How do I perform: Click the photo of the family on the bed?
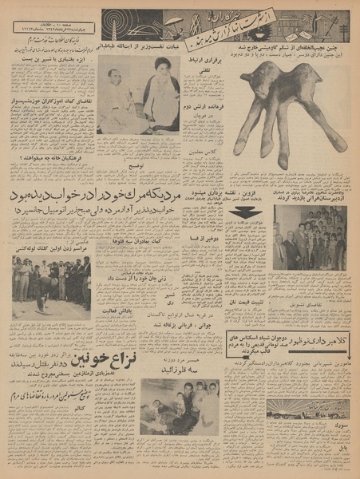click(178, 407)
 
